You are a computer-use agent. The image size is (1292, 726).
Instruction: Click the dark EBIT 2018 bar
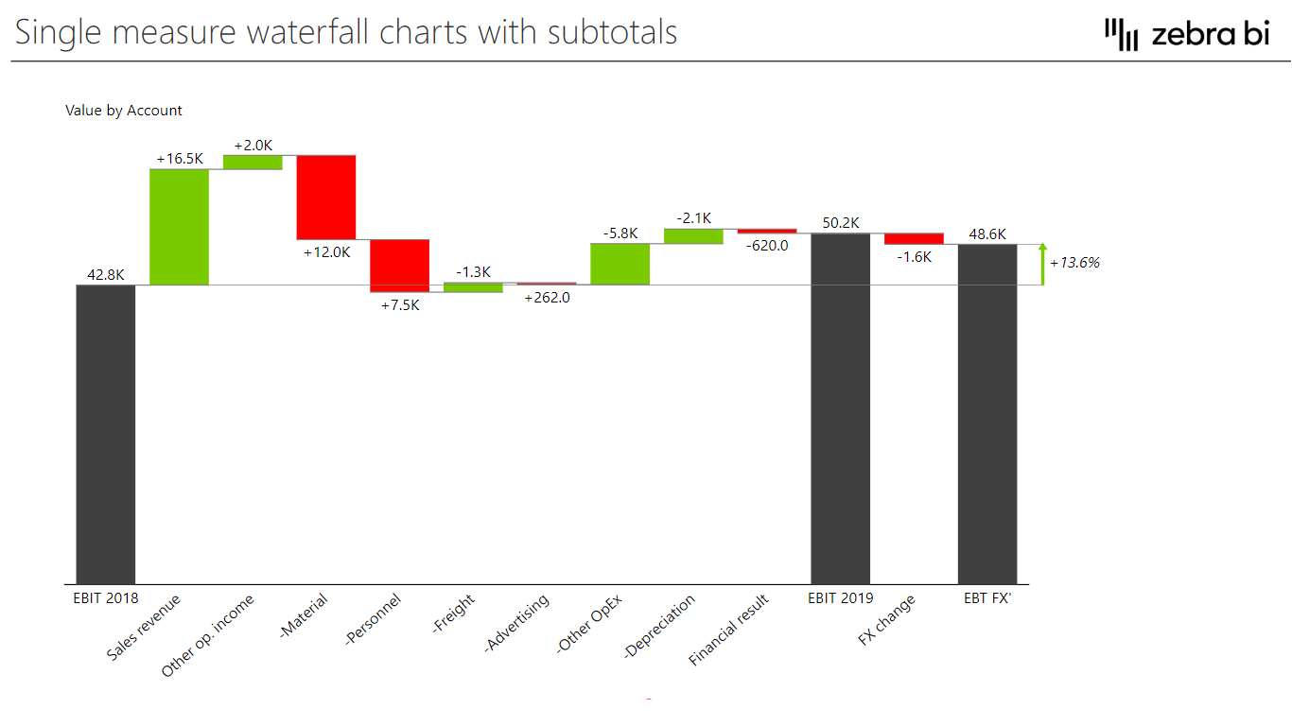tap(106, 434)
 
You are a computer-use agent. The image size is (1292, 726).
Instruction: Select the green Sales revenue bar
tap(179, 227)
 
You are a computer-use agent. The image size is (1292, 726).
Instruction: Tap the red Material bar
tap(326, 197)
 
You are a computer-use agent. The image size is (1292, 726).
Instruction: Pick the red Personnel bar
tap(399, 266)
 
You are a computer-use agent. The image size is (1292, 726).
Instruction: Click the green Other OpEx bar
tap(620, 264)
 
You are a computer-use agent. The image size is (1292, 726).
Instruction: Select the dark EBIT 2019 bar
tap(841, 408)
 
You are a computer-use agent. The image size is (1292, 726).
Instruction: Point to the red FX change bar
tap(914, 238)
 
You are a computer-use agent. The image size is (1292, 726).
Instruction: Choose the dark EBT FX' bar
tap(987, 414)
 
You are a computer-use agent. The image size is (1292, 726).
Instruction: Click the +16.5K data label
tap(180, 159)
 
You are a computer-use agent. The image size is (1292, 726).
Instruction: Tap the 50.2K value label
tap(841, 223)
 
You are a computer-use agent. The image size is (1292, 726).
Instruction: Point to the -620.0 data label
tap(767, 245)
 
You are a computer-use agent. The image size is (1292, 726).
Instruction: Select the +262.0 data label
tap(546, 297)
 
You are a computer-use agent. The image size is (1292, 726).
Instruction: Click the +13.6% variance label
tap(1074, 263)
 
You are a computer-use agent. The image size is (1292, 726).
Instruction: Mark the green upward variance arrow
tap(1042, 264)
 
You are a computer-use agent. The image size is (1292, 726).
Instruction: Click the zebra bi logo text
tap(1210, 35)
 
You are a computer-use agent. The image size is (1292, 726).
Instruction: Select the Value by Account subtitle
tap(124, 111)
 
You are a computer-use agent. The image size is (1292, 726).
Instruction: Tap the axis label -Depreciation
tap(660, 626)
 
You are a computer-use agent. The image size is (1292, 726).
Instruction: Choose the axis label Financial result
tap(729, 630)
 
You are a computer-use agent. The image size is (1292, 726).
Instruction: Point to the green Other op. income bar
tap(253, 162)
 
